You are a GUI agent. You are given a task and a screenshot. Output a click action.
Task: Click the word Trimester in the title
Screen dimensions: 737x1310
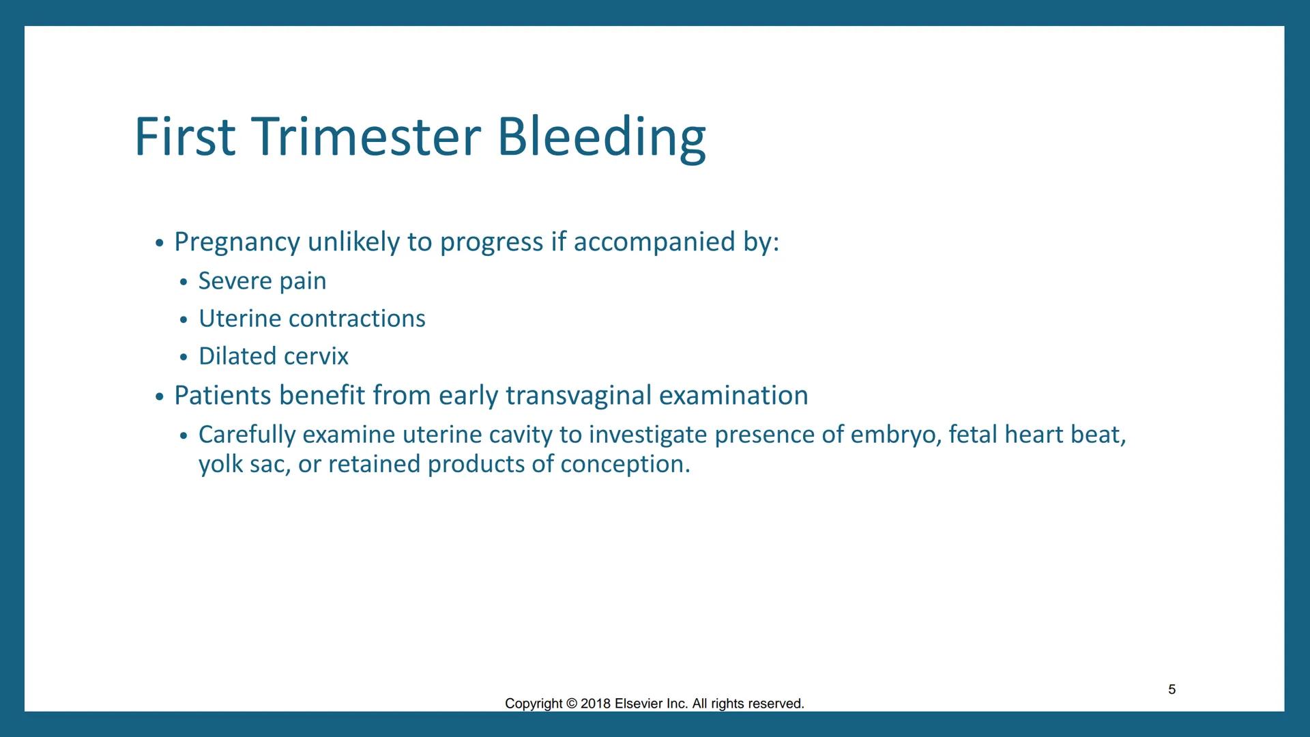click(366, 136)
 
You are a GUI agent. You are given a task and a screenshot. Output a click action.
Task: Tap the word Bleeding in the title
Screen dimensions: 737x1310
click(600, 136)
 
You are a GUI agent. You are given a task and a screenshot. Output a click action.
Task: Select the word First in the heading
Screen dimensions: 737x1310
click(184, 136)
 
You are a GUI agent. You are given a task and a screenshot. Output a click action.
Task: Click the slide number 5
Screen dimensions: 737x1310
click(1171, 689)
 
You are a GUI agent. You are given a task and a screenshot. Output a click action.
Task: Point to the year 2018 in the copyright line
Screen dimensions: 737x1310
click(595, 704)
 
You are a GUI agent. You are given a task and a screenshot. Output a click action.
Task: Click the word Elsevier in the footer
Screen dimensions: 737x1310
click(638, 704)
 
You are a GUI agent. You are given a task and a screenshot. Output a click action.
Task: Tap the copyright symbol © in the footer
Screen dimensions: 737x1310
click(571, 704)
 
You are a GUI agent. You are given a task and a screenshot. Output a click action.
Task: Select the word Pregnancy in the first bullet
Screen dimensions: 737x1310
click(237, 242)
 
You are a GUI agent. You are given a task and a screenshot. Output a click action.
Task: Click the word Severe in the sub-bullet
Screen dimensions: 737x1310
click(235, 281)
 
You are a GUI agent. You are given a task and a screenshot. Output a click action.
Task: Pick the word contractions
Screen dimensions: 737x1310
click(356, 319)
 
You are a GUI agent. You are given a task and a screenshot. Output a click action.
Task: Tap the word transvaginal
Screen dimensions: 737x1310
click(579, 396)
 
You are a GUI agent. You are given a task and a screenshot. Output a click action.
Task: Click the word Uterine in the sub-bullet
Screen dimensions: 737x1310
click(239, 319)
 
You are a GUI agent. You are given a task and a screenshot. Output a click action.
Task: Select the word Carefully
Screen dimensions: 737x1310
click(246, 435)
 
